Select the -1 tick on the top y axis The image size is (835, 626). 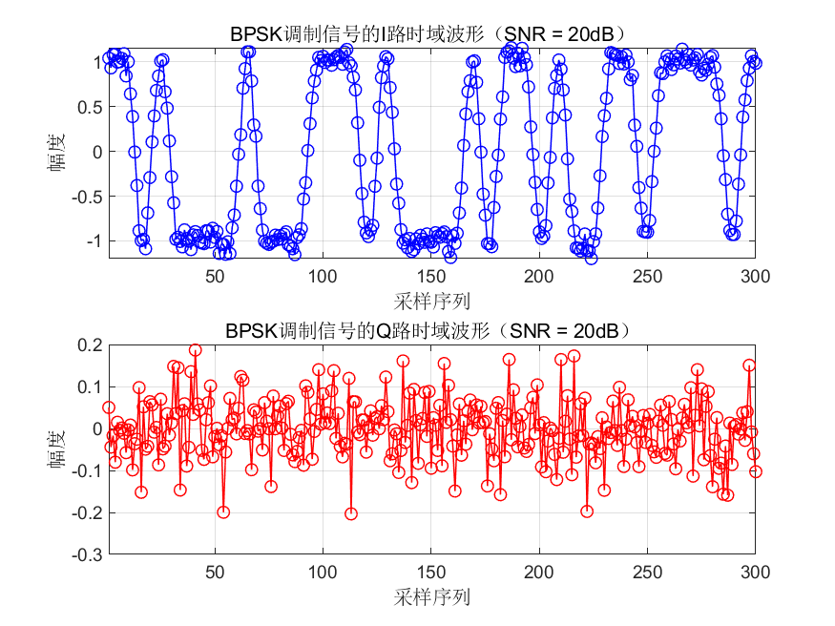[91, 241]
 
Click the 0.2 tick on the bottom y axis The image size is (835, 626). [87, 344]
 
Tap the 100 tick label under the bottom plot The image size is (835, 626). [323, 573]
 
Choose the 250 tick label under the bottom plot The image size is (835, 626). [647, 573]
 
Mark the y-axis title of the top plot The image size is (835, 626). [59, 152]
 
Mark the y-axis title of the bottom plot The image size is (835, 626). [59, 449]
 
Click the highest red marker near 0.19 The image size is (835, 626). [196, 350]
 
